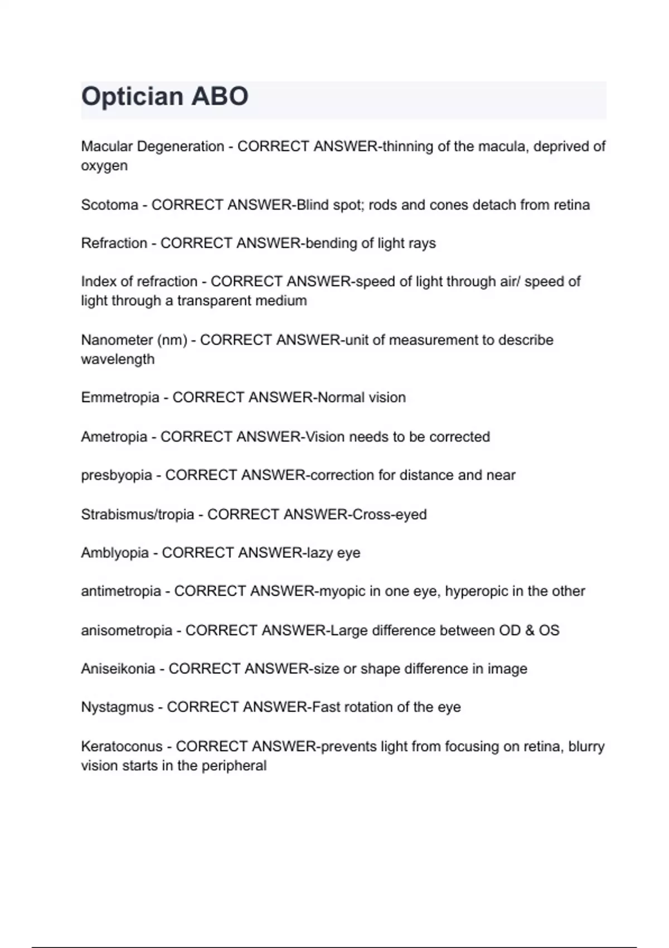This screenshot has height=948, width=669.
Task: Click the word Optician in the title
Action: click(132, 97)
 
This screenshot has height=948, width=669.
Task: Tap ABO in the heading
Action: click(220, 97)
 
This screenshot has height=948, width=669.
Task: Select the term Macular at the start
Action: click(106, 147)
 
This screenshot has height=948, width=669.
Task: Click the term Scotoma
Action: click(109, 205)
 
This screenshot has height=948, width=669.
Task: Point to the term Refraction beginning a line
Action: click(114, 244)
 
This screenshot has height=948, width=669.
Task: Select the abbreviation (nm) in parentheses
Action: click(172, 340)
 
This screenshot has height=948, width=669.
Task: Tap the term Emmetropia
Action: click(120, 398)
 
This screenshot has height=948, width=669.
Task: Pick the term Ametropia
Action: click(114, 437)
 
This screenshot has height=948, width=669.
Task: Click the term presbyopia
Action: click(116, 476)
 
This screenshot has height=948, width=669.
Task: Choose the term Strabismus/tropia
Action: click(137, 514)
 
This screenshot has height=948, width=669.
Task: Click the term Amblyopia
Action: click(114, 553)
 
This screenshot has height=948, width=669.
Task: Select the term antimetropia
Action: click(120, 591)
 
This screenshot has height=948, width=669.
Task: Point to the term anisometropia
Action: click(126, 631)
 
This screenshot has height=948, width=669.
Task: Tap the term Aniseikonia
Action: click(118, 669)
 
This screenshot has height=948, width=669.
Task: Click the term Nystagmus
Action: click(117, 707)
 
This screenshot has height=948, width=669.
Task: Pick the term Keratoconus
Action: click(122, 746)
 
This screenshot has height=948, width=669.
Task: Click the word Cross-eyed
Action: click(389, 514)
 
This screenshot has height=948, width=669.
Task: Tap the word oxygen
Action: click(104, 167)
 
